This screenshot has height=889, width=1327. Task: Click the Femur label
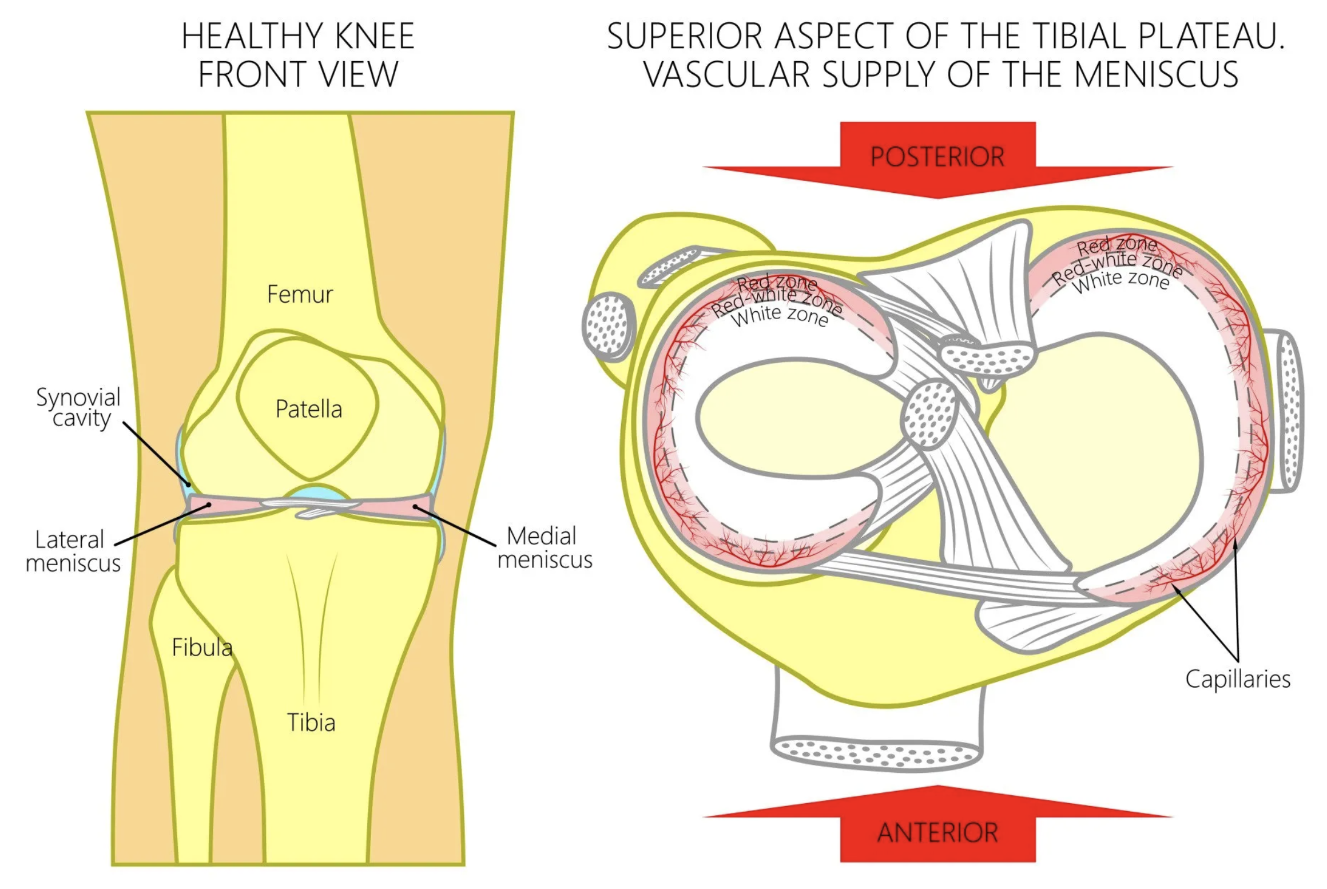click(x=300, y=294)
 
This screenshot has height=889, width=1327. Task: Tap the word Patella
click(x=308, y=409)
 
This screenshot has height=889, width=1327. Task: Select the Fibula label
click(x=202, y=647)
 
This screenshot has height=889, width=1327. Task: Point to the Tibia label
click(x=311, y=723)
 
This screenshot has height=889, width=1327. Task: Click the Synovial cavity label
click(x=79, y=407)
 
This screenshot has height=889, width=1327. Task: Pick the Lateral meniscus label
click(x=73, y=551)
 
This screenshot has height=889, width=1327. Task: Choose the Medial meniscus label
click(x=544, y=548)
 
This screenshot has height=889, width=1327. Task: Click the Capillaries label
click(x=1237, y=679)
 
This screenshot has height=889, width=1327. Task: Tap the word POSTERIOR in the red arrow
click(x=937, y=157)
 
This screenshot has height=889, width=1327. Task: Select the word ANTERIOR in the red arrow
click(x=937, y=832)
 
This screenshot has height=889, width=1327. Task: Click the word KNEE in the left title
click(x=375, y=37)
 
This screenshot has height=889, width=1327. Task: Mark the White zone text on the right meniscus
click(x=1121, y=281)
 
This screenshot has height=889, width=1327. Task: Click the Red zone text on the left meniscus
click(x=776, y=283)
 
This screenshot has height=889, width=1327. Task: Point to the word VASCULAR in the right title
click(x=726, y=74)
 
